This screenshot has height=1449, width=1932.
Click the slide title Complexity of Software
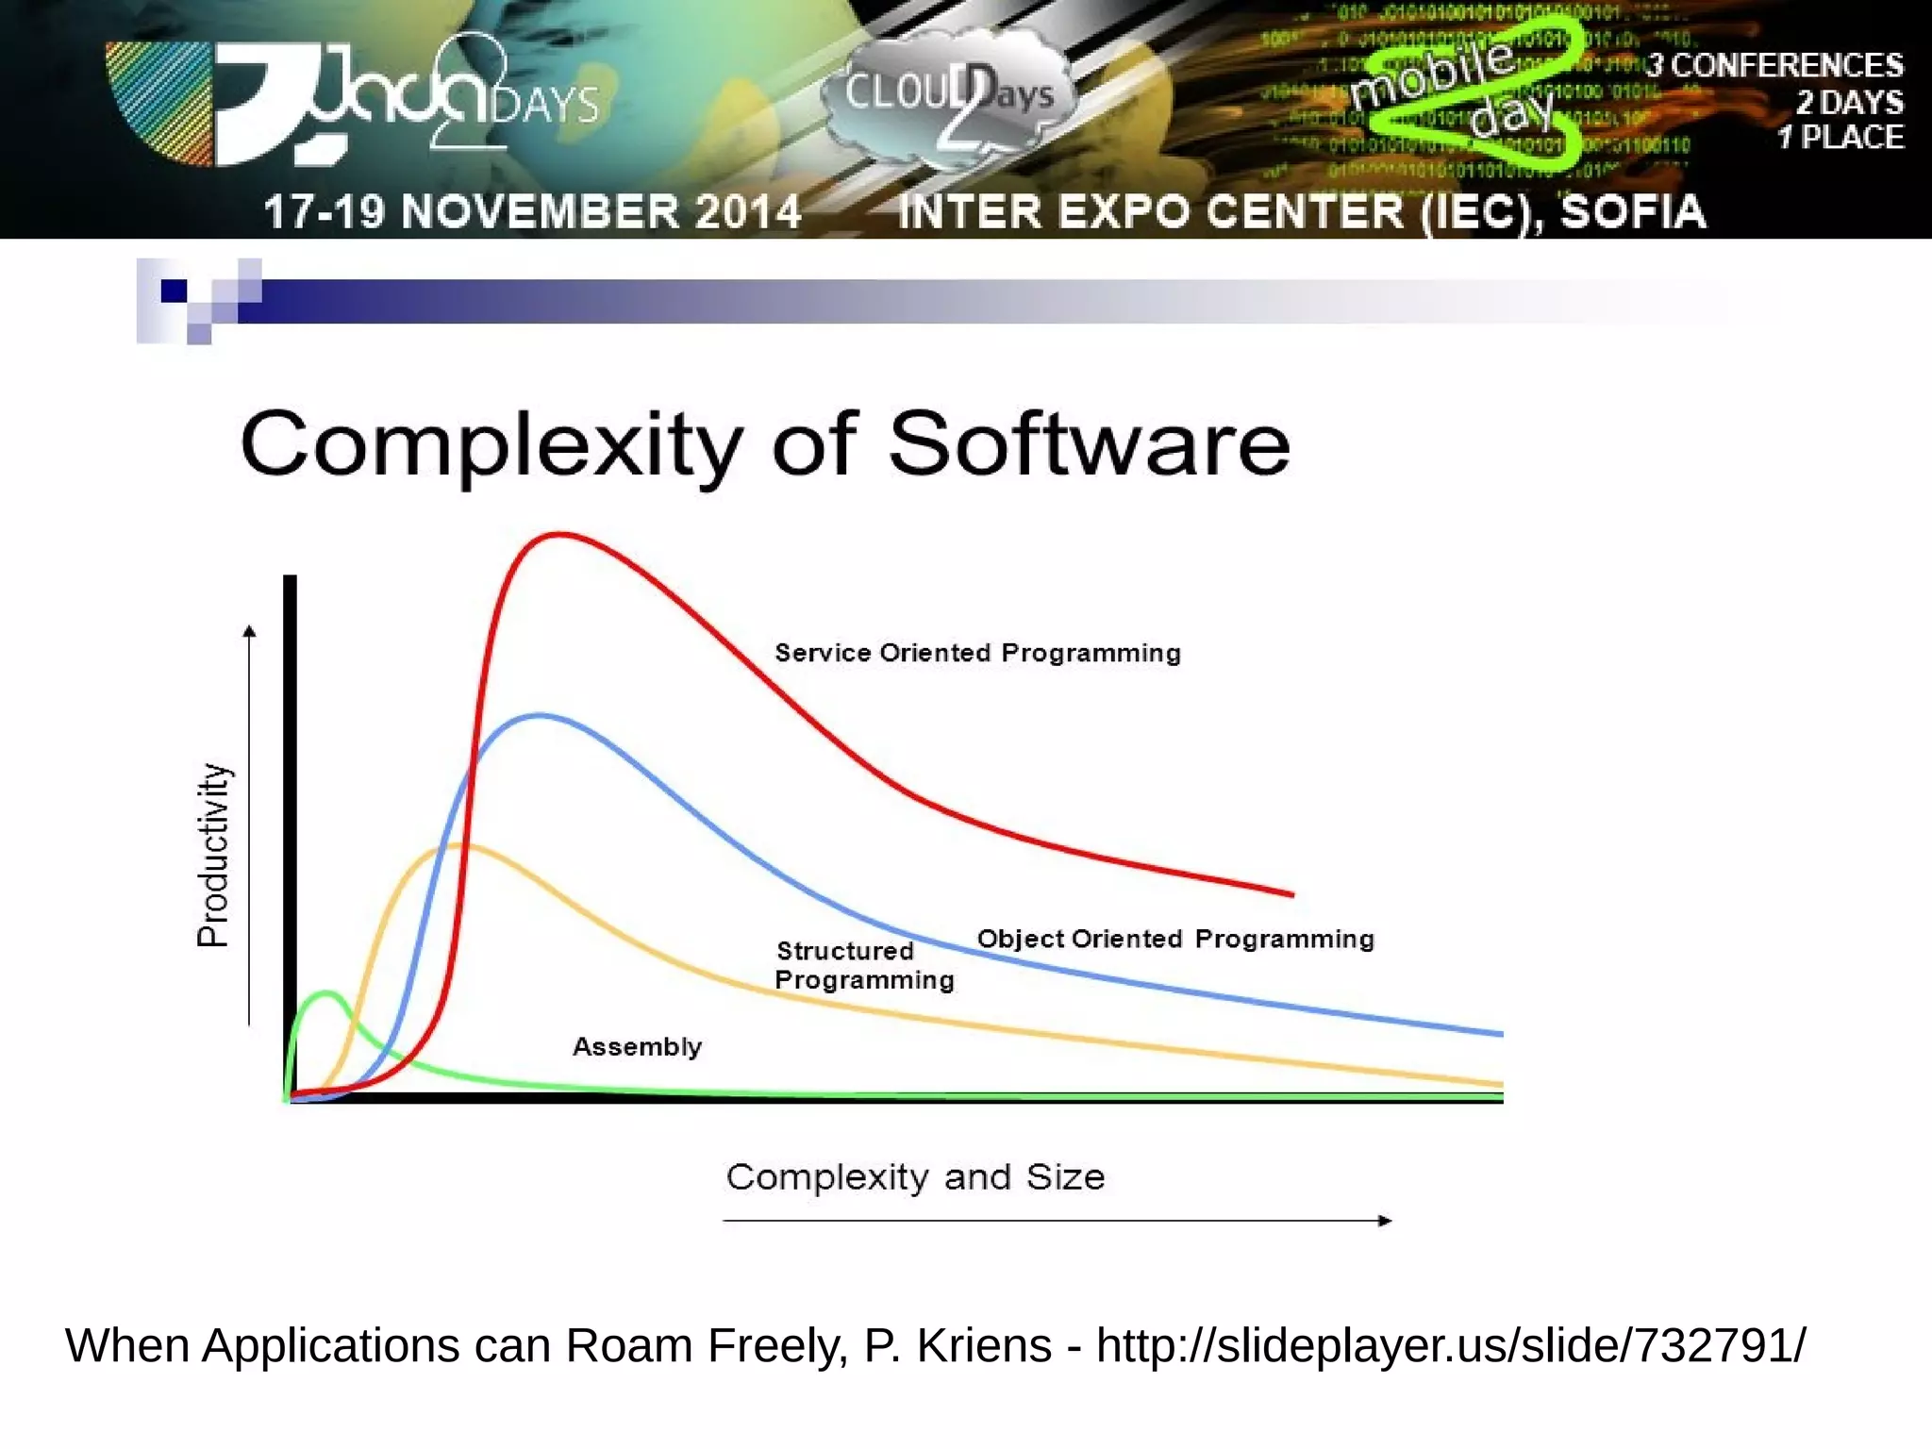[x=764, y=444]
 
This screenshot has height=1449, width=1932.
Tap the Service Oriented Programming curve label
[x=977, y=653]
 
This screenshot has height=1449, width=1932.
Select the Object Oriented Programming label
[x=1175, y=939]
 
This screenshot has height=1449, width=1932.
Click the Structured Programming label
[x=864, y=965]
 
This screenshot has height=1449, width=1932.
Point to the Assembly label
[x=637, y=1046]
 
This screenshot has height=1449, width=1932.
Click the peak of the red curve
[x=560, y=535]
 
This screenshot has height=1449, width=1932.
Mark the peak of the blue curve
[x=539, y=716]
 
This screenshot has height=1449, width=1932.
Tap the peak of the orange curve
[x=458, y=846]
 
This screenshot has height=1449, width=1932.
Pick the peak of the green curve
[x=326, y=992]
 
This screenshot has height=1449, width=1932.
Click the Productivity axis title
[x=213, y=855]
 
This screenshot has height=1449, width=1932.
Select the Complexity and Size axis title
[x=915, y=1177]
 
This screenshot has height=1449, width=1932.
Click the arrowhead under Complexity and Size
[x=1385, y=1221]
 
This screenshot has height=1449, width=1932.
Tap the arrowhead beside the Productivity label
[x=249, y=631]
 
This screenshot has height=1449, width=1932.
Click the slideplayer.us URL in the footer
[x=1451, y=1345]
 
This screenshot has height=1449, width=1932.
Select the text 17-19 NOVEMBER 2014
[x=532, y=211]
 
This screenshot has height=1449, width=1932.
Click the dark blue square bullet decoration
[x=174, y=291]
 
